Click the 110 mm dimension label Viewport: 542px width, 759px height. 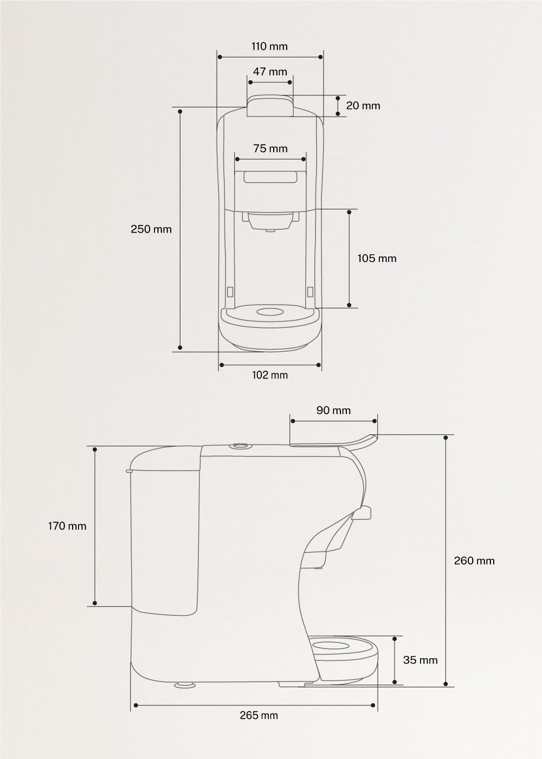269,47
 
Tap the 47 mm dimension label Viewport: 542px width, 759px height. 270,72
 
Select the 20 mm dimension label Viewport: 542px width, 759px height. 363,106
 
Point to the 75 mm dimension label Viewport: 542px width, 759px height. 270,149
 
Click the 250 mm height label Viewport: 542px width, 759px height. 151,229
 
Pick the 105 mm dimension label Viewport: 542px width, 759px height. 377,259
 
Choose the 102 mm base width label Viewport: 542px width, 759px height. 270,375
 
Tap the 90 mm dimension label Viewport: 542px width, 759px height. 333,410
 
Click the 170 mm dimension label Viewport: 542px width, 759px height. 67,526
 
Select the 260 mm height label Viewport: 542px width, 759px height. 474,561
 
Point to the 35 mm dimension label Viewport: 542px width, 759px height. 420,660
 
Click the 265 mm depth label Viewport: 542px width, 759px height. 259,716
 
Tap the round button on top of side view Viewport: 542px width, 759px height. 239,446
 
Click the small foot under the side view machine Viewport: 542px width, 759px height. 184,685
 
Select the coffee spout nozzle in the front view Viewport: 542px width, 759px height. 270,230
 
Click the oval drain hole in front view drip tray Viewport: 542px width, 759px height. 270,312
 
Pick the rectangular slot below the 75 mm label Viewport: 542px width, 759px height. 270,177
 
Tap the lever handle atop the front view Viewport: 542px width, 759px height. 270,106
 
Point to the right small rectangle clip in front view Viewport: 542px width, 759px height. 310,292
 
